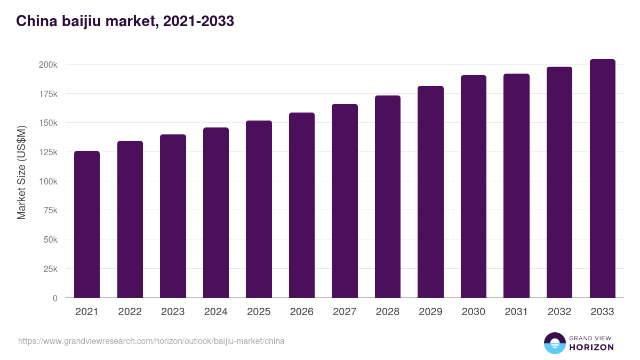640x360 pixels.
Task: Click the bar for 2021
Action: pyautogui.click(x=87, y=224)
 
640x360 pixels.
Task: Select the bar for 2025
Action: pyautogui.click(x=259, y=209)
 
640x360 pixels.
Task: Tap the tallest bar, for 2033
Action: pyautogui.click(x=602, y=178)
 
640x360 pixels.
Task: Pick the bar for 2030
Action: pyautogui.click(x=474, y=186)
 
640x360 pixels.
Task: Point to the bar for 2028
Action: pyautogui.click(x=388, y=196)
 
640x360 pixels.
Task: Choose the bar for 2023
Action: pyautogui.click(x=173, y=216)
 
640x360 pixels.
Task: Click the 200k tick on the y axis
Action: pyautogui.click(x=48, y=65)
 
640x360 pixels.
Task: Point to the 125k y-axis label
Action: pyautogui.click(x=48, y=152)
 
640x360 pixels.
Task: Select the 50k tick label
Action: pyautogui.click(x=50, y=240)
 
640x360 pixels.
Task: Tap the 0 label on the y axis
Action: pyautogui.click(x=54, y=298)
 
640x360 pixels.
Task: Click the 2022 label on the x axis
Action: pyautogui.click(x=130, y=312)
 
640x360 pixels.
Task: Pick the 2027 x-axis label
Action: pyautogui.click(x=345, y=312)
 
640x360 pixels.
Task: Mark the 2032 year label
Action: pyautogui.click(x=559, y=312)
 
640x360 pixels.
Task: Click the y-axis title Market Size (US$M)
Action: pyautogui.click(x=21, y=172)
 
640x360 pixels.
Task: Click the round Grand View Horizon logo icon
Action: pyautogui.click(x=555, y=343)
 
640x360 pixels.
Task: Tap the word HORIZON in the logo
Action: pyautogui.click(x=591, y=347)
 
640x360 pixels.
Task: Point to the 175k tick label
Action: pyautogui.click(x=48, y=94)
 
